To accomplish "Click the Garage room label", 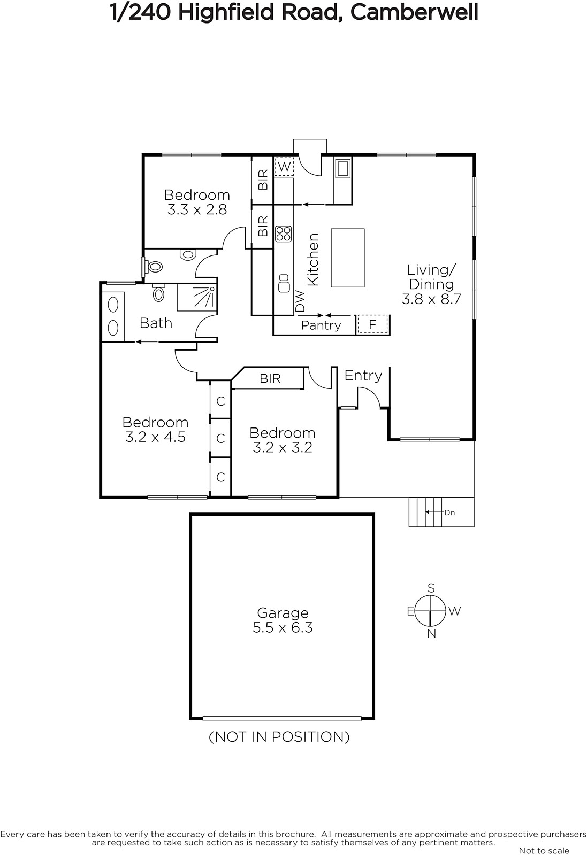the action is [283, 612].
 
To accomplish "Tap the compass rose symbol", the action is [430, 611].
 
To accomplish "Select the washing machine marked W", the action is [284, 166].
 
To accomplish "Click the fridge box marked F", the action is [372, 325].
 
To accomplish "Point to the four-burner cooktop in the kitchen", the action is [284, 234].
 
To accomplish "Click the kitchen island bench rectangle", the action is [348, 258].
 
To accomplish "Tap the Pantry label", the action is [321, 325].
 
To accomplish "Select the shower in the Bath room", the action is [196, 298].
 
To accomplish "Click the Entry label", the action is [363, 376].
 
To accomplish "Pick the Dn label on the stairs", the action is [450, 512].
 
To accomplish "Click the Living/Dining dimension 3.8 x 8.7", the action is [431, 299].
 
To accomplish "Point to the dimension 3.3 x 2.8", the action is [197, 209].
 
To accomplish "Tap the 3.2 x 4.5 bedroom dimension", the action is [156, 437].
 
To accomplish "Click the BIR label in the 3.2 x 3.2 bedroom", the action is [270, 378].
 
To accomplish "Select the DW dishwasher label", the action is [300, 301].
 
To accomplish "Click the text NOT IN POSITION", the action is [279, 737].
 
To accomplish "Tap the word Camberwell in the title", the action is [414, 12].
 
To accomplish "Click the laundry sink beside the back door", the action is [342, 168].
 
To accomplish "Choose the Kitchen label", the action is [312, 260].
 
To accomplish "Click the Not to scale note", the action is [544, 850].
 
